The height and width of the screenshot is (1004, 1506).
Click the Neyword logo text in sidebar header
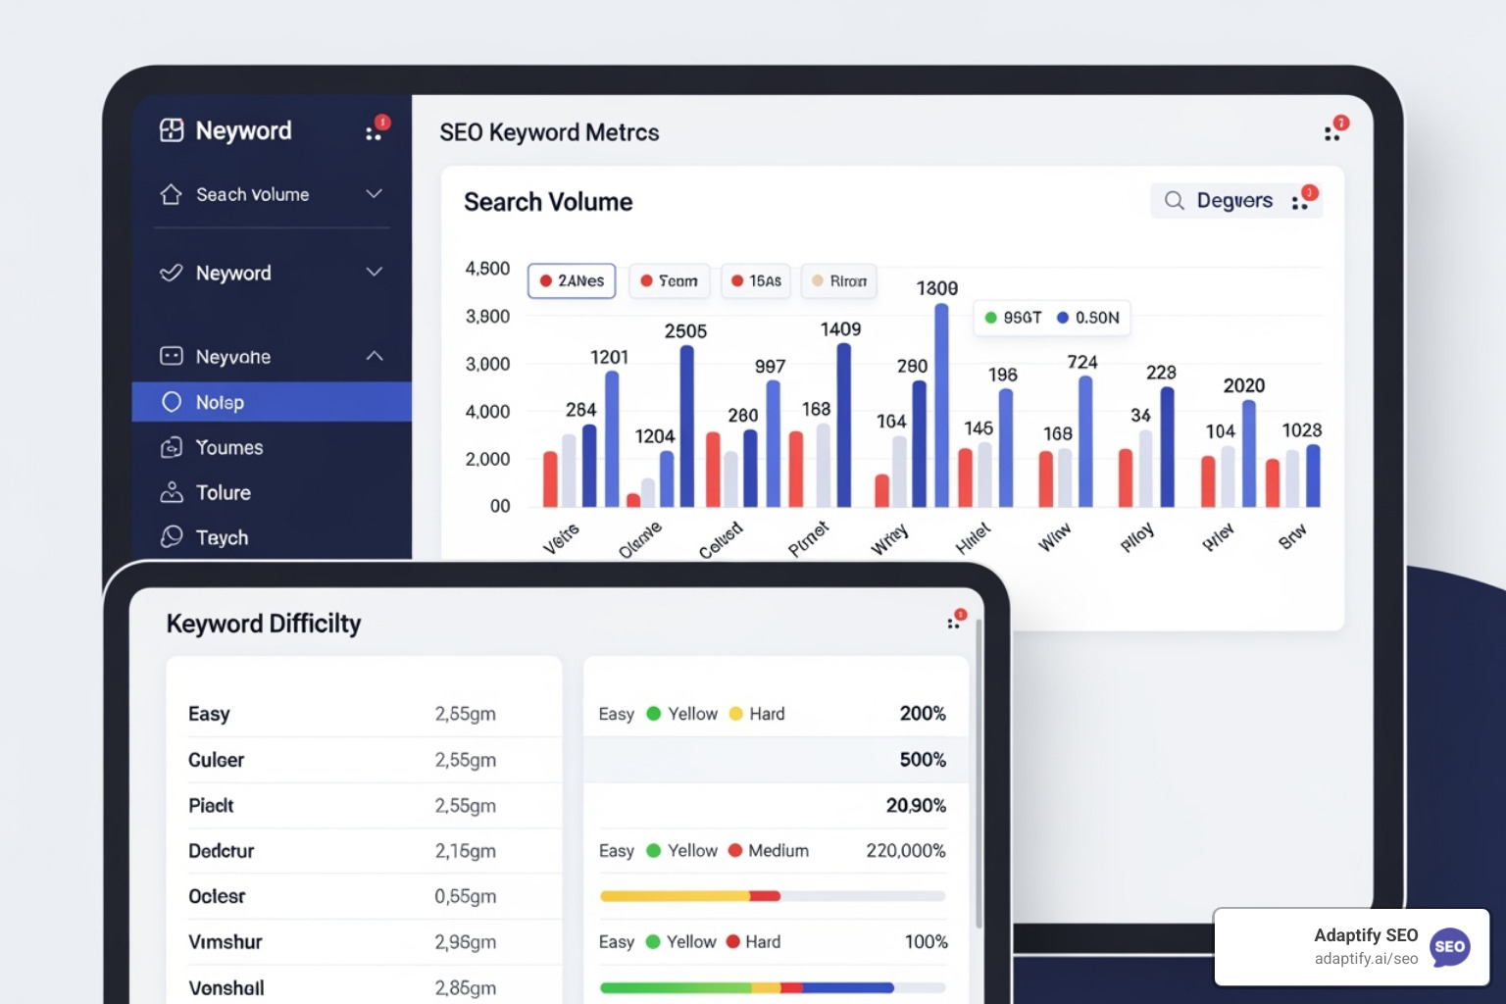coord(243,130)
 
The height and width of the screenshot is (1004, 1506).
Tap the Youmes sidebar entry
coord(228,447)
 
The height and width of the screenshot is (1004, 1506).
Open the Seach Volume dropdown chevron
coord(374,194)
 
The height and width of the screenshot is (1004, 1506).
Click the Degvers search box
coord(1221,201)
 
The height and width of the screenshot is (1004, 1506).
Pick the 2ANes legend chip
coord(572,280)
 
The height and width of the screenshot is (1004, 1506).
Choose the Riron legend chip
coord(838,280)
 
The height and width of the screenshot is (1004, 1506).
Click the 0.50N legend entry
coord(1087,318)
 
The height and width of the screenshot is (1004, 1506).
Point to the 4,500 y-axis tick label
coord(487,268)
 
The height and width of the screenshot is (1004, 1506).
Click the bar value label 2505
coord(685,331)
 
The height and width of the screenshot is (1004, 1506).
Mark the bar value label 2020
coord(1243,385)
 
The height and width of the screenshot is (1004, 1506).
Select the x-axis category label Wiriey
coord(890,539)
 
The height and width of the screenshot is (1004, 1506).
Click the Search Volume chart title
coord(548,202)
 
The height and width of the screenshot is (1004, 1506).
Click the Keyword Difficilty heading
coord(264,624)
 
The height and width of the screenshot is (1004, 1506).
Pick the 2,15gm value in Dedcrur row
coord(465,850)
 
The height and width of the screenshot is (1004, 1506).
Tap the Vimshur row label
coord(226,941)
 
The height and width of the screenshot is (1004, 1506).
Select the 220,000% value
coord(905,850)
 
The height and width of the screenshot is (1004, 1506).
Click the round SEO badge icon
coord(1449,947)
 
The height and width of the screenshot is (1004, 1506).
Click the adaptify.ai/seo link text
coord(1366,959)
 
